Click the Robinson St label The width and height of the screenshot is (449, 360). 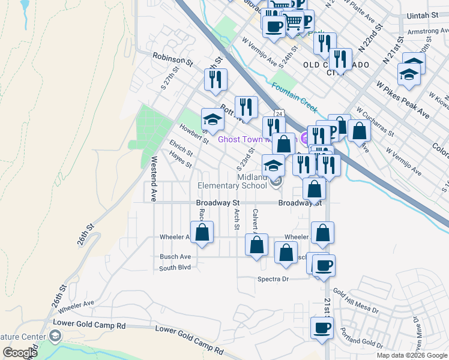[173, 61]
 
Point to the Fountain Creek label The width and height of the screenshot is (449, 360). [294, 96]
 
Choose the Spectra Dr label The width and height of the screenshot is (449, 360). [273, 279]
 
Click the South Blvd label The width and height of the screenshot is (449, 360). [175, 267]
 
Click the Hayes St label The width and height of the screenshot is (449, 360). [180, 160]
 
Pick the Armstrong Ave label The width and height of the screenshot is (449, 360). [427, 31]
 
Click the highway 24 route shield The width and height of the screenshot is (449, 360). [279, 113]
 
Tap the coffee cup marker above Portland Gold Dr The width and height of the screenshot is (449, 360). [322, 328]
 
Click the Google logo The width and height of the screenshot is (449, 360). [20, 353]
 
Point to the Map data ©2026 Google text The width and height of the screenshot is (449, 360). [412, 355]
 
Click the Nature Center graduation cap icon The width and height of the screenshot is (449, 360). [55, 335]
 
